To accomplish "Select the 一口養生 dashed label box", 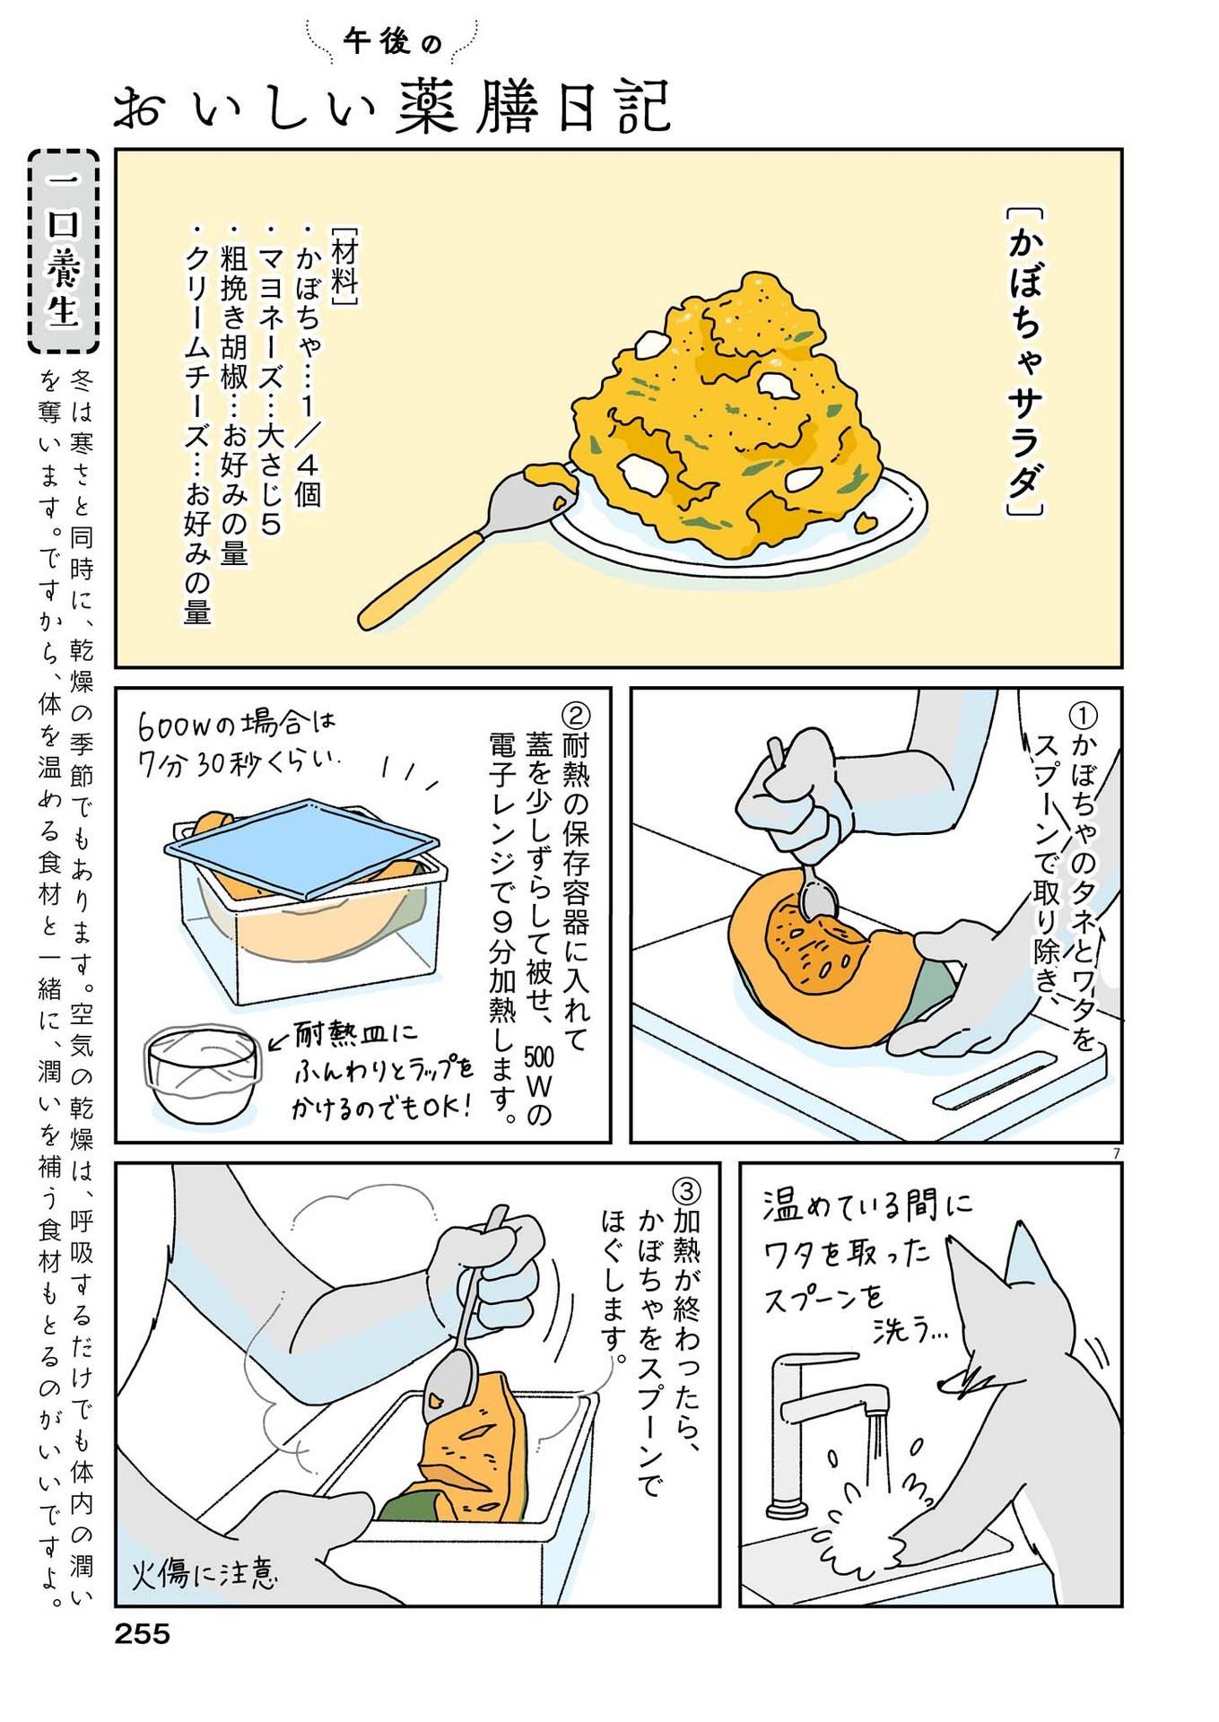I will (64, 251).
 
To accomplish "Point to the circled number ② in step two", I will (575, 716).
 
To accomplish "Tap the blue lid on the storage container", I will (302, 844).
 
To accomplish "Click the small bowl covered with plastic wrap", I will (201, 1076).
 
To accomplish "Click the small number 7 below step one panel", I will (1116, 1153).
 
